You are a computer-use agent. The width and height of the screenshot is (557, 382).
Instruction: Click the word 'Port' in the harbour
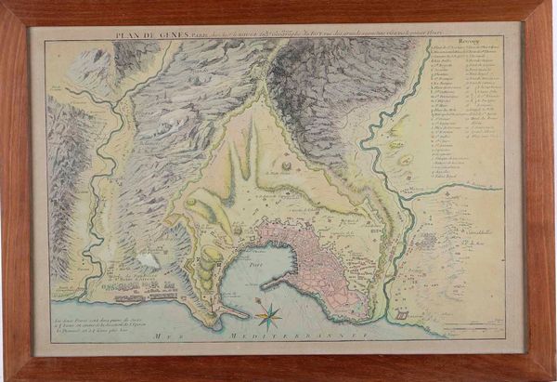click(257, 264)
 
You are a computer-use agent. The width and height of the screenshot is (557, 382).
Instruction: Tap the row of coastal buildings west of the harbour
click(130, 296)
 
